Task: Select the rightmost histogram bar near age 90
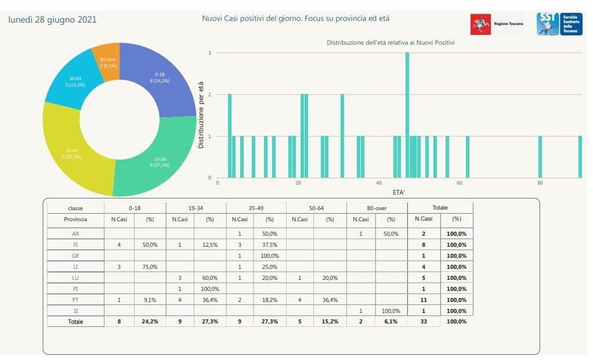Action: [580, 157]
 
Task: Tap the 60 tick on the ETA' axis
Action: [460, 183]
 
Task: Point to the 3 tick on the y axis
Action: [210, 53]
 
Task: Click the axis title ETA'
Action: [399, 192]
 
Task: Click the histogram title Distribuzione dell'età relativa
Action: [390, 43]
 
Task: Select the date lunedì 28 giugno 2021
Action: [52, 20]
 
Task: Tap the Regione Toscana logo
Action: [497, 24]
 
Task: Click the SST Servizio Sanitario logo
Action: [555, 24]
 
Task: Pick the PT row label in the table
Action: [75, 300]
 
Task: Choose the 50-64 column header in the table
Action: [316, 208]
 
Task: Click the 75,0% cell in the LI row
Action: [150, 267]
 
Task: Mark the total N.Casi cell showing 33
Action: [424, 321]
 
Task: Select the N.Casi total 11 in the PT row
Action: [424, 300]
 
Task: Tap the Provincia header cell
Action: [75, 219]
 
